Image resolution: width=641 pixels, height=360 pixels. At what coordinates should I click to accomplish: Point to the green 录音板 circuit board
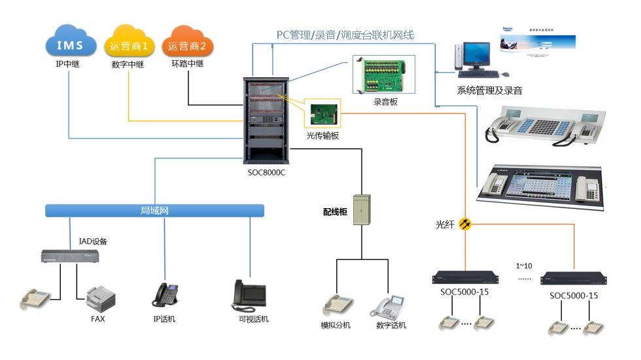(x=385, y=76)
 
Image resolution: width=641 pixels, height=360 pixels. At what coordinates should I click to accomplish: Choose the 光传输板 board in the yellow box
(x=322, y=115)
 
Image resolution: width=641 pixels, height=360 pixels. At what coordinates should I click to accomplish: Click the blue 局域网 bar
(x=154, y=210)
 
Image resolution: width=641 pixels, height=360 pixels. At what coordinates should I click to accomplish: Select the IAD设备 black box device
(x=70, y=256)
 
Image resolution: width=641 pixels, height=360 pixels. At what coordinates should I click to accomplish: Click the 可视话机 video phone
(x=249, y=295)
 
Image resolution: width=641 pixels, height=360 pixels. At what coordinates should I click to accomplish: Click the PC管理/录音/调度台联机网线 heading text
(x=345, y=34)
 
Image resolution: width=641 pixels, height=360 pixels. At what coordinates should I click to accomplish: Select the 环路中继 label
(x=187, y=64)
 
